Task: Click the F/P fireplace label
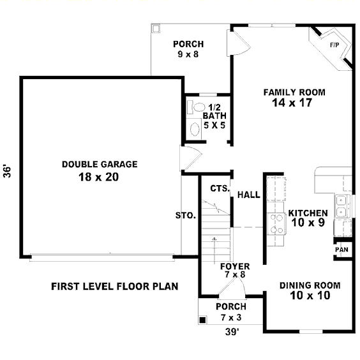click(x=334, y=45)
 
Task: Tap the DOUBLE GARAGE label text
click(x=100, y=165)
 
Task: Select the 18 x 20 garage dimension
click(x=99, y=177)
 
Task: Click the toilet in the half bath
click(x=196, y=107)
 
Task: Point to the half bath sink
click(x=195, y=130)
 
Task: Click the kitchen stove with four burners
click(x=276, y=223)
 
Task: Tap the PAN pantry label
click(x=341, y=250)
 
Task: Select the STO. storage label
click(x=186, y=216)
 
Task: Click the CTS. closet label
click(x=220, y=188)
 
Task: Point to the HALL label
click(x=249, y=195)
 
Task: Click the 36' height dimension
click(x=8, y=170)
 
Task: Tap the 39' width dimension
click(x=232, y=332)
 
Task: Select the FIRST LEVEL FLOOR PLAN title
click(x=114, y=287)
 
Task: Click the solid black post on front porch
click(x=202, y=320)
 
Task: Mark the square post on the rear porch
click(x=156, y=29)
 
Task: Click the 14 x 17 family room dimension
click(x=292, y=103)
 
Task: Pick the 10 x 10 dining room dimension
click(x=310, y=296)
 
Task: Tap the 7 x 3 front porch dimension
click(x=231, y=317)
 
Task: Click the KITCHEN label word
click(x=308, y=213)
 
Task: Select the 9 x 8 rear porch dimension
click(x=188, y=54)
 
